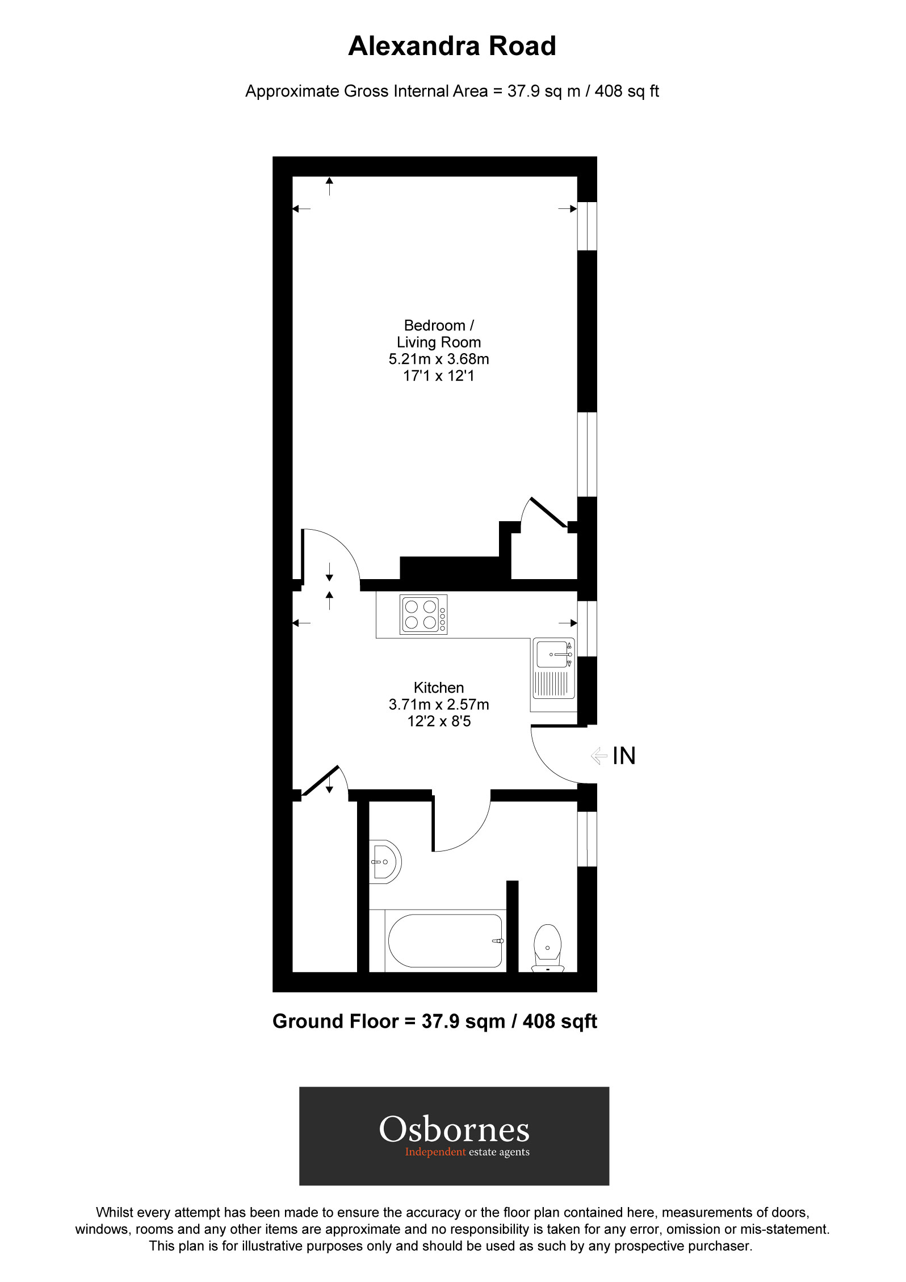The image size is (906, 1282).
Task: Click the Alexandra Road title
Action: pyautogui.click(x=452, y=46)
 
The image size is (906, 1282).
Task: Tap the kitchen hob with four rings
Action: pyautogui.click(x=423, y=614)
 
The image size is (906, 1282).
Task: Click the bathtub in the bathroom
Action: pyautogui.click(x=445, y=941)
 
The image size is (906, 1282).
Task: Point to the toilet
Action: pyautogui.click(x=547, y=948)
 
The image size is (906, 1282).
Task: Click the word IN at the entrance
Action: pyautogui.click(x=624, y=756)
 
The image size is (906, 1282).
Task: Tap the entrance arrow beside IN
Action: pyautogui.click(x=599, y=756)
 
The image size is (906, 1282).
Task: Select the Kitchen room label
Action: pyautogui.click(x=439, y=688)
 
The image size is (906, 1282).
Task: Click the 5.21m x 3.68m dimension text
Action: pyautogui.click(x=439, y=359)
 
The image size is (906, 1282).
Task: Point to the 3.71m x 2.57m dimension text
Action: pyautogui.click(x=439, y=705)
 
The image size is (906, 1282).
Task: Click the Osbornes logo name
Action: pyautogui.click(x=454, y=1130)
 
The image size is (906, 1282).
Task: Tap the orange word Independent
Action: pyautogui.click(x=435, y=1152)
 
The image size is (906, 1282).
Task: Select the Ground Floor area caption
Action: pyautogui.click(x=435, y=1021)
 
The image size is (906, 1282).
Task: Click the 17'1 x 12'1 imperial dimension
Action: pyautogui.click(x=439, y=376)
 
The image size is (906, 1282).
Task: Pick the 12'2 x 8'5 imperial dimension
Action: pyautogui.click(x=439, y=721)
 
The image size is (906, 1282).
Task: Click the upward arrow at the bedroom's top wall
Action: pyautogui.click(x=329, y=186)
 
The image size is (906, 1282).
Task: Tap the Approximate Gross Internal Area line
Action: pyautogui.click(x=452, y=91)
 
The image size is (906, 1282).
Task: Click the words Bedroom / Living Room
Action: pyautogui.click(x=439, y=334)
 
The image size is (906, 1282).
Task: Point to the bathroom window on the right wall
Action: pyautogui.click(x=587, y=839)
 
